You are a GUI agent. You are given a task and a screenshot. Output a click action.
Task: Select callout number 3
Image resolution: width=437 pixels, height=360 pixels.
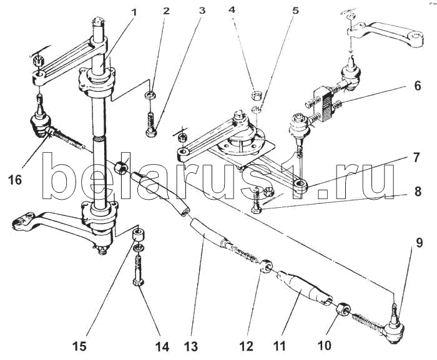[x=202, y=11]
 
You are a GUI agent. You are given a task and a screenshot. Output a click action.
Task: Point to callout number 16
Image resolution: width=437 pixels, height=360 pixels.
[x=15, y=180]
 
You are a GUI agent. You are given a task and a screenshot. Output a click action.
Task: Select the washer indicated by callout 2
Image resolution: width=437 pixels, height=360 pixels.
[x=149, y=95]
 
